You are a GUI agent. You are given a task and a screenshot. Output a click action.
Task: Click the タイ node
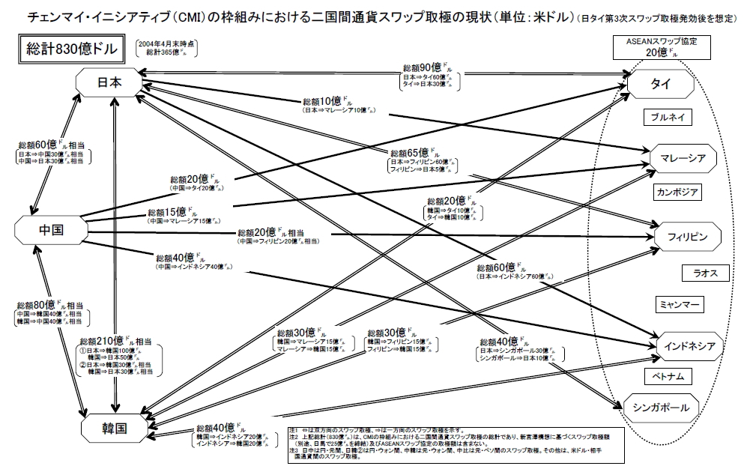click(661, 84)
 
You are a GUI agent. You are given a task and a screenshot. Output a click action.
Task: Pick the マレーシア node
click(680, 158)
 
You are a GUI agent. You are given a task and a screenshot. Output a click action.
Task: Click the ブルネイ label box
click(667, 118)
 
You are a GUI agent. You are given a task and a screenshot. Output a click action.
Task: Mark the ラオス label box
click(705, 273)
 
